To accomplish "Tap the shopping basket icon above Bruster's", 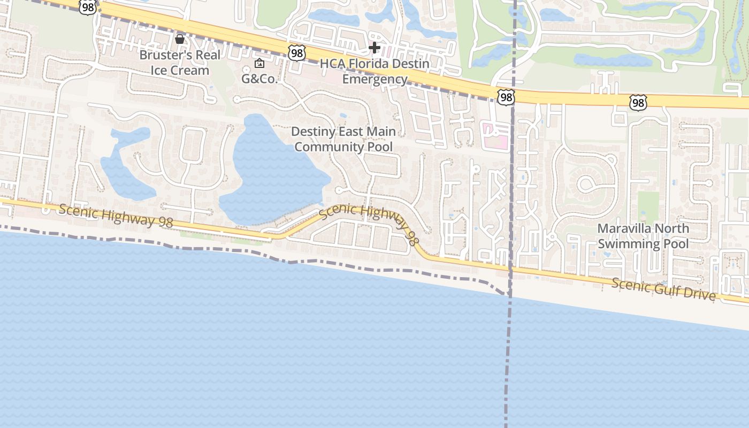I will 180,39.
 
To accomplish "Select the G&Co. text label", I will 259,79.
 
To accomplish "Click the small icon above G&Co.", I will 259,64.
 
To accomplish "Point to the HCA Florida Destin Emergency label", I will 374,72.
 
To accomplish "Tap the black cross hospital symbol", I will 374,48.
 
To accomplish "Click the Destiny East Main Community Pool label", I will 343,139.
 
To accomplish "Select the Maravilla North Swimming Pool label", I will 643,236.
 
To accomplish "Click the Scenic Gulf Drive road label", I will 663,289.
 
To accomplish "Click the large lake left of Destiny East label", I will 270,171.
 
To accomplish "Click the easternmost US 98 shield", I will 638,102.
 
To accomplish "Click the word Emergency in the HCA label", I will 374,79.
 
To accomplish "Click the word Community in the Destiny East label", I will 324,147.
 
